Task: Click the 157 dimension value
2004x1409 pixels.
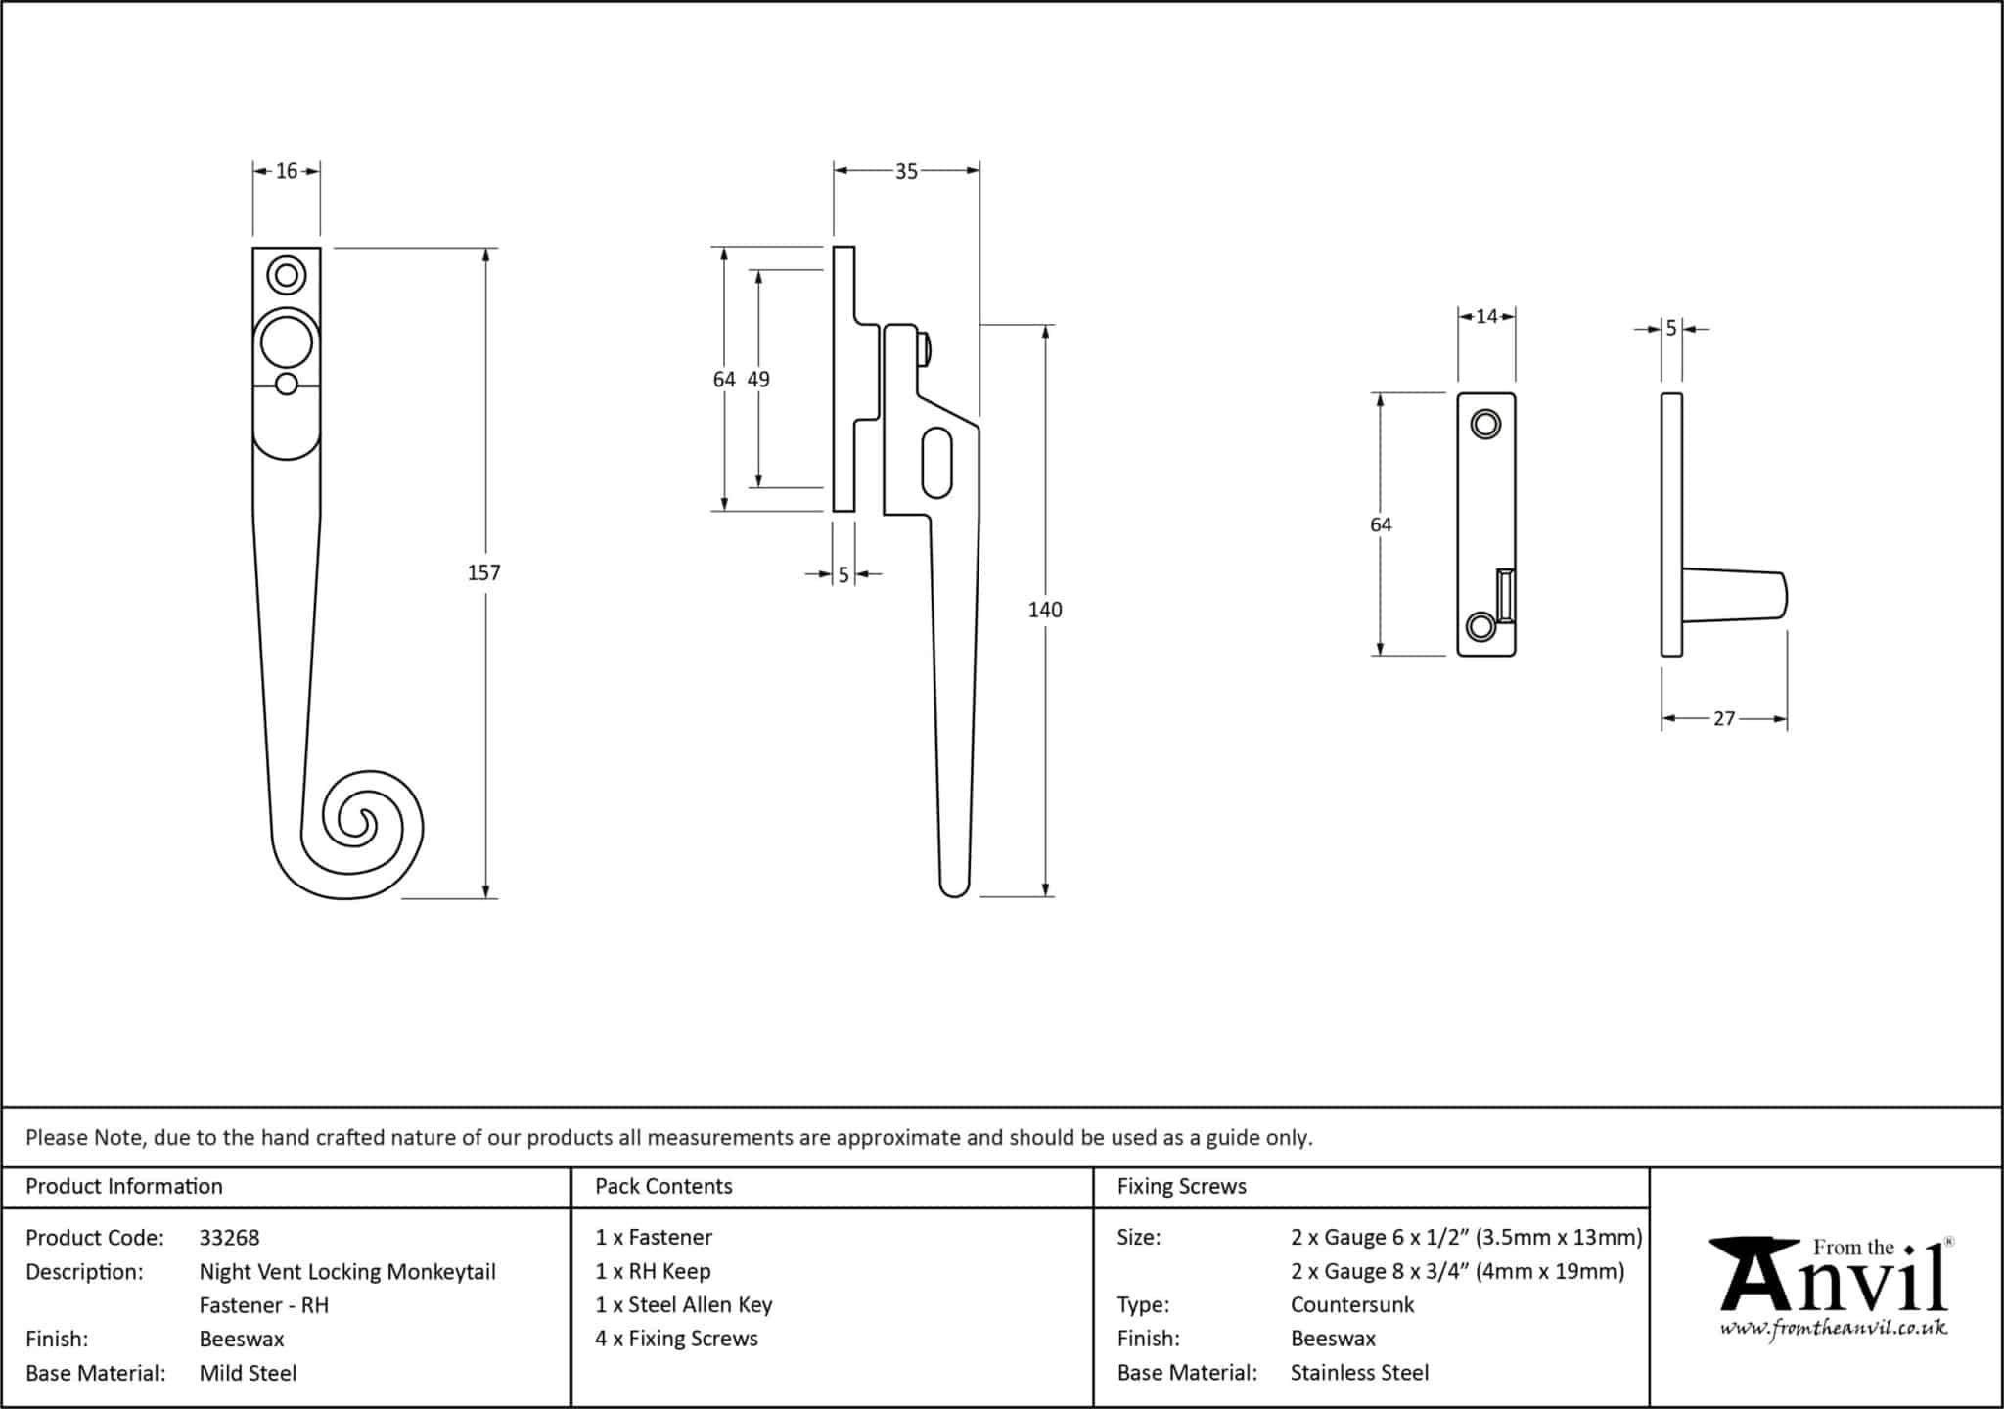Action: [x=483, y=572]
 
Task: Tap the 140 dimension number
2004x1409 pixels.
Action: [x=1044, y=610]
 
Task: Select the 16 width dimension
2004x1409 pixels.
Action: [x=286, y=171]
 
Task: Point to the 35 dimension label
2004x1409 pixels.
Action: [x=906, y=171]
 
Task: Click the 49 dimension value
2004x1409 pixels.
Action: [x=758, y=379]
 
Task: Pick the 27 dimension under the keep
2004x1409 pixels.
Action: [x=1723, y=718]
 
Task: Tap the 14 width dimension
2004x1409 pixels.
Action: [x=1486, y=316]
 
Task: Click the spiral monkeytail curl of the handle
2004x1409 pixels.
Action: [x=357, y=827]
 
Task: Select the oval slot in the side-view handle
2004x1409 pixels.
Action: [x=936, y=461]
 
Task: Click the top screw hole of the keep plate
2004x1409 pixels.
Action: [x=1485, y=425]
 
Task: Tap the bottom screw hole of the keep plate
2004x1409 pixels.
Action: [x=1481, y=625]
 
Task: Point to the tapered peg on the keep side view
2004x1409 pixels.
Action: [x=1737, y=595]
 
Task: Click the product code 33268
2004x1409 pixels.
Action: [x=229, y=1237]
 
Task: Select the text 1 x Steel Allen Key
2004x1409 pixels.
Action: [x=683, y=1304]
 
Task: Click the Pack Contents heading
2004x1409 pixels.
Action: [x=663, y=1186]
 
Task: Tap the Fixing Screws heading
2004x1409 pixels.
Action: [x=1181, y=1186]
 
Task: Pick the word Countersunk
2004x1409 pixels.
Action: [x=1351, y=1304]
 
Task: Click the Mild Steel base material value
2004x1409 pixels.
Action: [x=248, y=1373]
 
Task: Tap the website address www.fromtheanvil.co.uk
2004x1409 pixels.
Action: [x=1833, y=1329]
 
